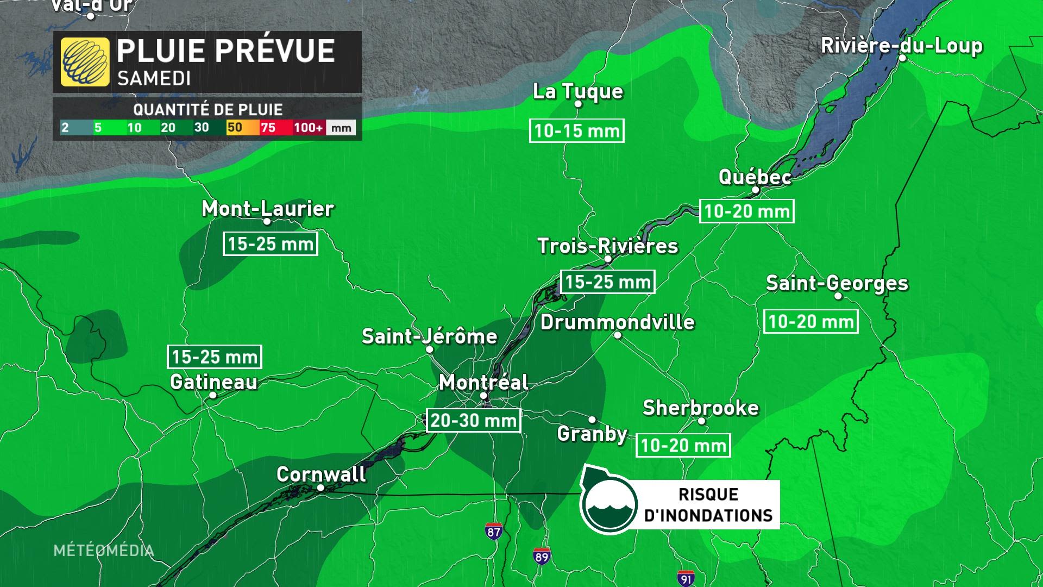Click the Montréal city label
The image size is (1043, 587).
coord(483,382)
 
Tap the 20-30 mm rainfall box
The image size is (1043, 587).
coord(473,420)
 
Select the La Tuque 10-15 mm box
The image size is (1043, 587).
coord(576,131)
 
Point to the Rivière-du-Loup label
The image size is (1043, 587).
coord(901,46)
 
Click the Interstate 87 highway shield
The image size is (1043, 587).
coord(493,531)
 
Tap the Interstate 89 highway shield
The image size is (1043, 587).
coord(542,556)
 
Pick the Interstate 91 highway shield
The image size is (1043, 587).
coord(686,578)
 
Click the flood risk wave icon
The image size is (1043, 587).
coord(608,504)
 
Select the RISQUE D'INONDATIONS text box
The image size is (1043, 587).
coord(708,504)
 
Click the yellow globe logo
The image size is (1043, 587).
coord(85,62)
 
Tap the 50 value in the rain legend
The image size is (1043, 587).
coord(235,128)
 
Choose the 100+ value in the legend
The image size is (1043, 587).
coord(308,128)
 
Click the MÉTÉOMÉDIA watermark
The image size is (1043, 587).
coord(103,550)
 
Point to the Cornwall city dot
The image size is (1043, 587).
coord(321,488)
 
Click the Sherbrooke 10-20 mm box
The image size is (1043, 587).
coord(683,446)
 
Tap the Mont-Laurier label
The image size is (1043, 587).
coord(267,208)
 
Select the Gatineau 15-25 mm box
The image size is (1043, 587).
coord(215,357)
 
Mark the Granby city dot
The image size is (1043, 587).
coord(592,420)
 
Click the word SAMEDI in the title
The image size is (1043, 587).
coord(154,79)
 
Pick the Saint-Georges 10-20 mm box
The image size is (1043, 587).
coord(810,322)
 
